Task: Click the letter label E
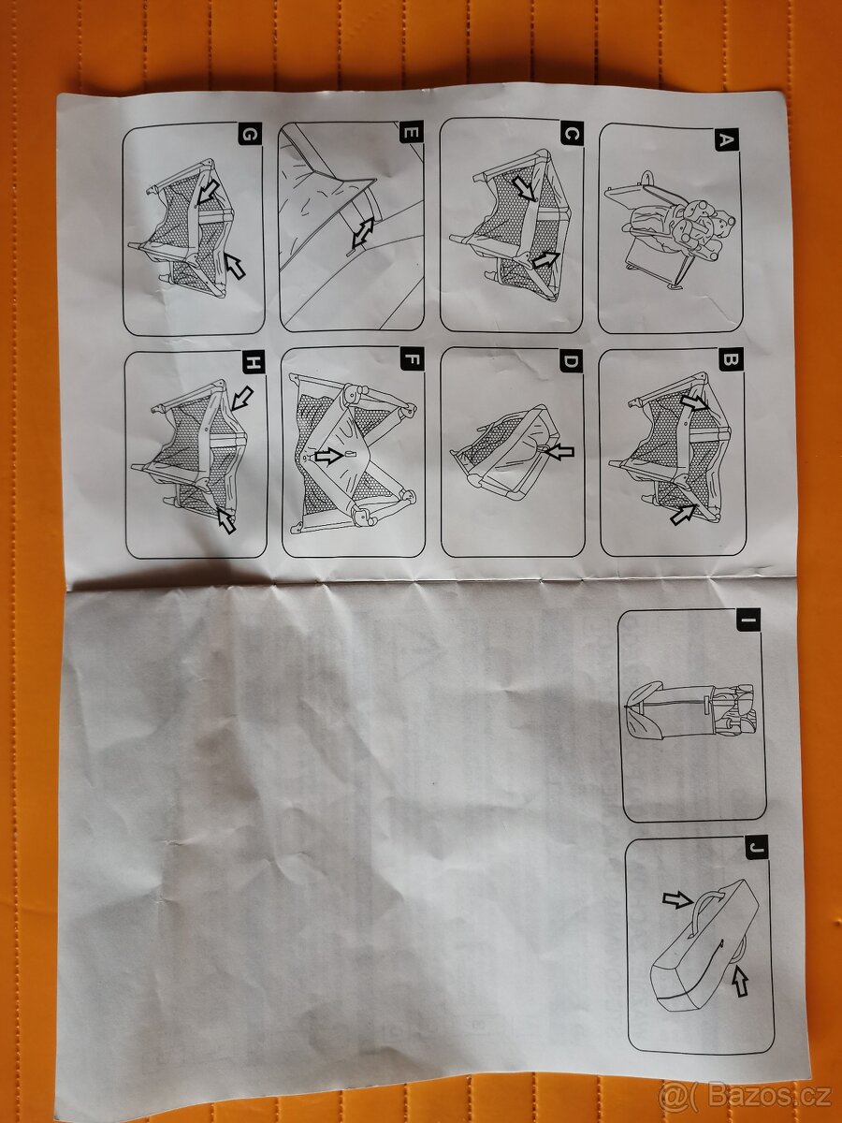pyautogui.click(x=411, y=133)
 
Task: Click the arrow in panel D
pyautogui.click(x=559, y=452)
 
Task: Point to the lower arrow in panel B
pyautogui.click(x=685, y=514)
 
